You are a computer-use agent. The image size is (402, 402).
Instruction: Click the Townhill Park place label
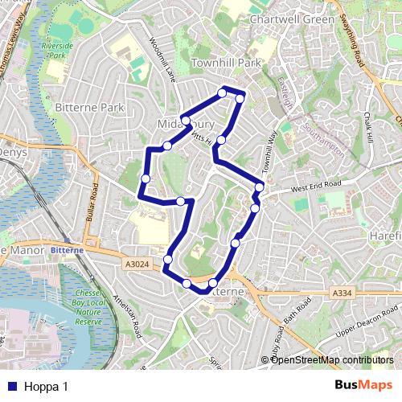[x=227, y=63]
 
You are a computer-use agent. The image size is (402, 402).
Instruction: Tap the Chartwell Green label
[x=281, y=19]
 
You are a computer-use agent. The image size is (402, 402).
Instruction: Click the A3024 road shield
[x=137, y=263]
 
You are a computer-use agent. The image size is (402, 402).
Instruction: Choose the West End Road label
[x=316, y=186]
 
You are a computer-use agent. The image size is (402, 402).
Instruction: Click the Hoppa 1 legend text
[x=46, y=387]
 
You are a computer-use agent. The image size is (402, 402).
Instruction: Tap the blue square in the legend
[x=11, y=387]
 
